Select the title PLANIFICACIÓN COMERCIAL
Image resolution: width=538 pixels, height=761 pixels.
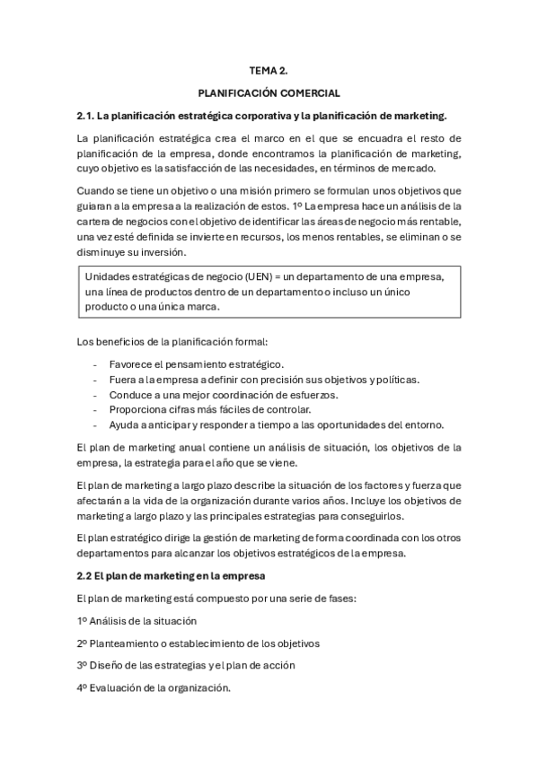pos(269,92)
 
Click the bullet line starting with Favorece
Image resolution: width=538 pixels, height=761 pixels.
pos(196,364)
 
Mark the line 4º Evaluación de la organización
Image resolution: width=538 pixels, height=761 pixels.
pos(154,688)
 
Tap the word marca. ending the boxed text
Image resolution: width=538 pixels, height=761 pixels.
pos(202,306)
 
